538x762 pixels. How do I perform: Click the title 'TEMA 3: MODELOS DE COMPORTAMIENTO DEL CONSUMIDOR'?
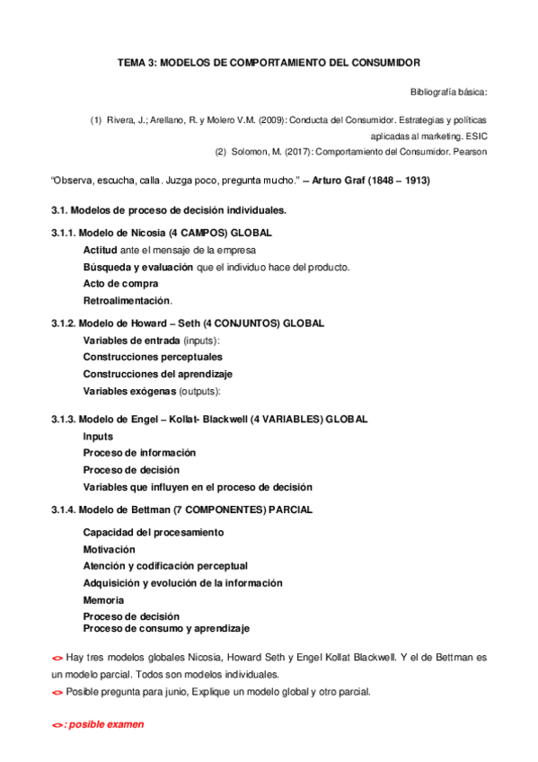pyautogui.click(x=269, y=64)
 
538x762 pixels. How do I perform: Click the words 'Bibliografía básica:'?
pyautogui.click(x=448, y=92)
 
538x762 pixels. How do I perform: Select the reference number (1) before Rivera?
pyautogui.click(x=96, y=120)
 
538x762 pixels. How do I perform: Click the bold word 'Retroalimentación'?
pyautogui.click(x=127, y=300)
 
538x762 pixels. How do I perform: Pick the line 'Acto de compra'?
pyautogui.click(x=120, y=283)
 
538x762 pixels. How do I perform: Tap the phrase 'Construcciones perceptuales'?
pyautogui.click(x=153, y=357)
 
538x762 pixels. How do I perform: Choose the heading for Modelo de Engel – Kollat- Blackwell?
pyautogui.click(x=209, y=419)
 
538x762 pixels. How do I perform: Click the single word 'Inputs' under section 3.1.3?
pyautogui.click(x=98, y=436)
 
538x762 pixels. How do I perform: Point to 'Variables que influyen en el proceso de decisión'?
pyautogui.click(x=198, y=487)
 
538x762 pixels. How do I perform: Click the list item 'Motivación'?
pyautogui.click(x=110, y=549)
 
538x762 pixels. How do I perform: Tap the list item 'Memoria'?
pyautogui.click(x=104, y=599)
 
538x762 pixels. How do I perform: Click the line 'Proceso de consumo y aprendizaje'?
pyautogui.click(x=166, y=628)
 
